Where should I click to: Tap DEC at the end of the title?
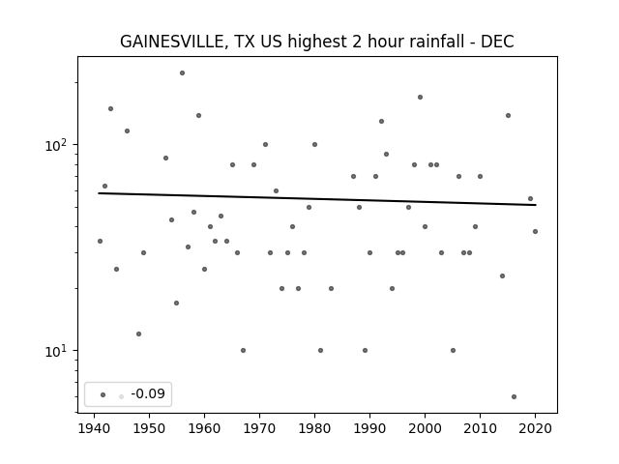[x=497, y=42]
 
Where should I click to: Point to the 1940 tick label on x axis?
[x=94, y=428]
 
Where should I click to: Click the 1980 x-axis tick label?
[x=314, y=428]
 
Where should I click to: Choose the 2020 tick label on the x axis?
[x=535, y=428]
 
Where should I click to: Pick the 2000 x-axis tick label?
[x=425, y=428]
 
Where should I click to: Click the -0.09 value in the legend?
[x=148, y=393]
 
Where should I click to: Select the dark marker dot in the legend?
[x=103, y=394]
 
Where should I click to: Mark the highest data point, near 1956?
[x=183, y=73]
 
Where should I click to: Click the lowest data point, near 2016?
[x=514, y=397]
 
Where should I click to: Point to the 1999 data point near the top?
[x=421, y=97]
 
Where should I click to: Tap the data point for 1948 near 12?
[x=138, y=334]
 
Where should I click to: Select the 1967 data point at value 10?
[x=243, y=350]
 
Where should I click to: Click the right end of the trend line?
[x=536, y=205]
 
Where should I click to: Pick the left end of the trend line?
[x=99, y=193]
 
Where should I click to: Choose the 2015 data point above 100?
[x=509, y=116]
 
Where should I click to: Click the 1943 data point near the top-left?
[x=111, y=109]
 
